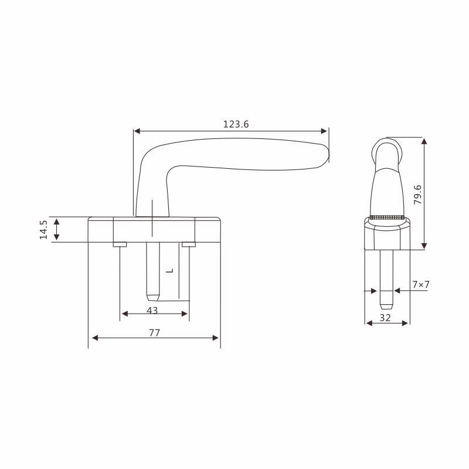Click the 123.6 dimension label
236,124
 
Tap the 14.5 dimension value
43,230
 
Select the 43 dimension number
152,311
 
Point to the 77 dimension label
154,332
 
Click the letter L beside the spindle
169,271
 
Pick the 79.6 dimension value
417,195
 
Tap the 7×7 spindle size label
421,284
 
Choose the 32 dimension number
385,318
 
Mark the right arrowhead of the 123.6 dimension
324,131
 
